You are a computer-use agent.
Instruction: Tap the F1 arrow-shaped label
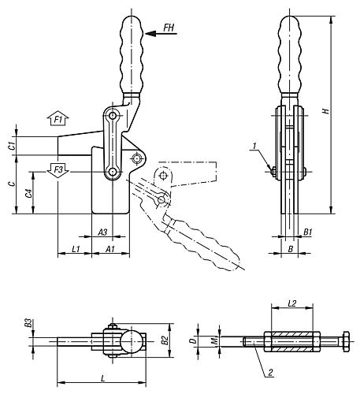(x=59, y=119)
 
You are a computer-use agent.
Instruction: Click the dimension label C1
(x=11, y=146)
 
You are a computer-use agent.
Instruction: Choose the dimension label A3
(x=102, y=232)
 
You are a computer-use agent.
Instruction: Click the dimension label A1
(x=110, y=249)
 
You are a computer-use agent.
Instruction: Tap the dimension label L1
(x=77, y=249)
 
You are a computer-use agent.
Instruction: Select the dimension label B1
(x=308, y=232)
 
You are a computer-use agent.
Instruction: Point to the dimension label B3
(x=28, y=324)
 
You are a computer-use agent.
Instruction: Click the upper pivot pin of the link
(x=115, y=116)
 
